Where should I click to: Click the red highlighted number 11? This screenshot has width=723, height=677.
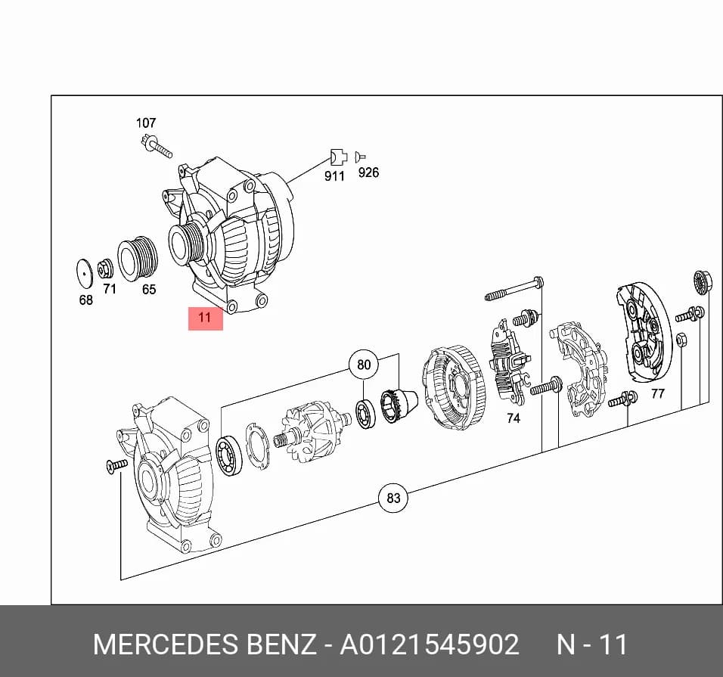pos(205,318)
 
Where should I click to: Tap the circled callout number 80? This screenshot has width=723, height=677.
pos(364,365)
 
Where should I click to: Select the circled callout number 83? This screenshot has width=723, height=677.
pos(393,498)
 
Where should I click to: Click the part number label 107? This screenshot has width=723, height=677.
pos(146,123)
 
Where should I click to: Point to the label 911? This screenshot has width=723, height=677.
pos(334,176)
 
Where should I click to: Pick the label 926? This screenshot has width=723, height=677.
pos(368,172)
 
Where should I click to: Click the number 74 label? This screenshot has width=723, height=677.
pos(514,418)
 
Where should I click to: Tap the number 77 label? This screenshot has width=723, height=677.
pos(658,393)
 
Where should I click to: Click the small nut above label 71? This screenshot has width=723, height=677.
pos(106,269)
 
